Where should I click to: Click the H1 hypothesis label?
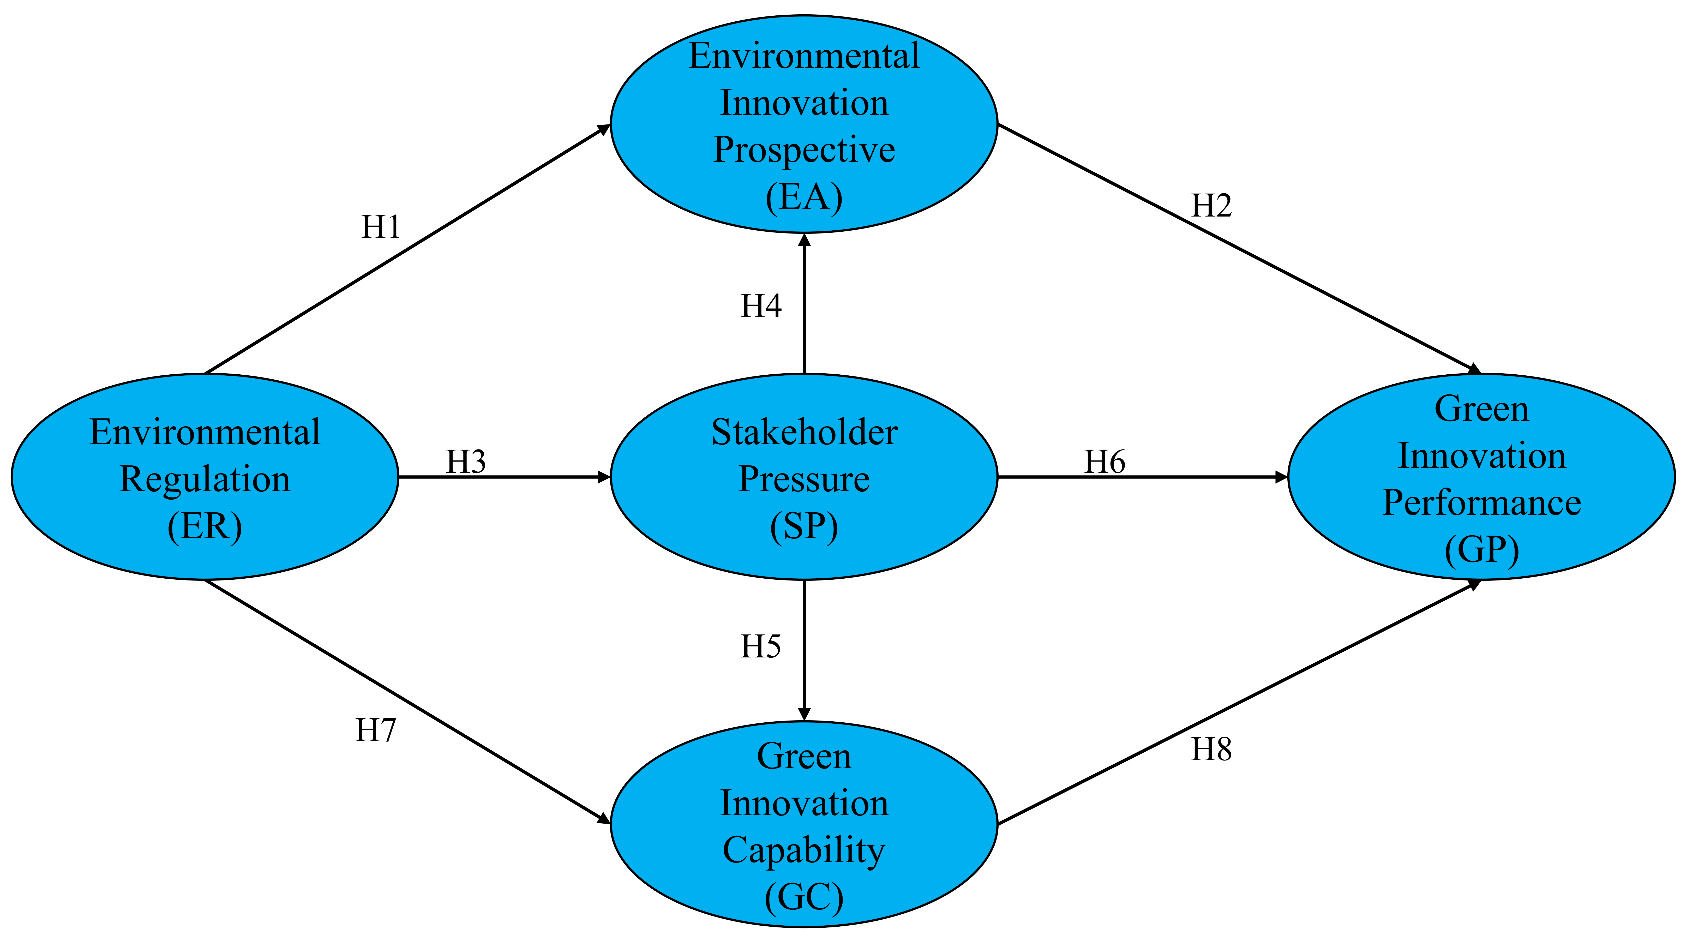[x=381, y=227]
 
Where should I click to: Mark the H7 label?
[x=375, y=730]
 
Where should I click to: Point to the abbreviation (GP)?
[x=1481, y=550]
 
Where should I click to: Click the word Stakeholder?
[x=804, y=433]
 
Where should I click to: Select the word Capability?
[x=804, y=850]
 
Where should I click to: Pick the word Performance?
[x=1481, y=503]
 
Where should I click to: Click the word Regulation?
[x=205, y=479]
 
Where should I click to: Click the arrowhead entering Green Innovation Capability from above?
[x=804, y=714]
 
